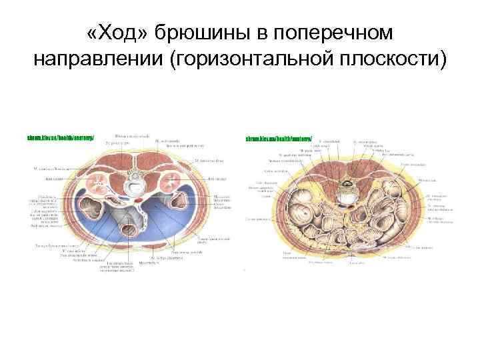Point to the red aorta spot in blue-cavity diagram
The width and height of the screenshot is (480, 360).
137,199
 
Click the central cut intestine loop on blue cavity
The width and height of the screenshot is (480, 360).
127,230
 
